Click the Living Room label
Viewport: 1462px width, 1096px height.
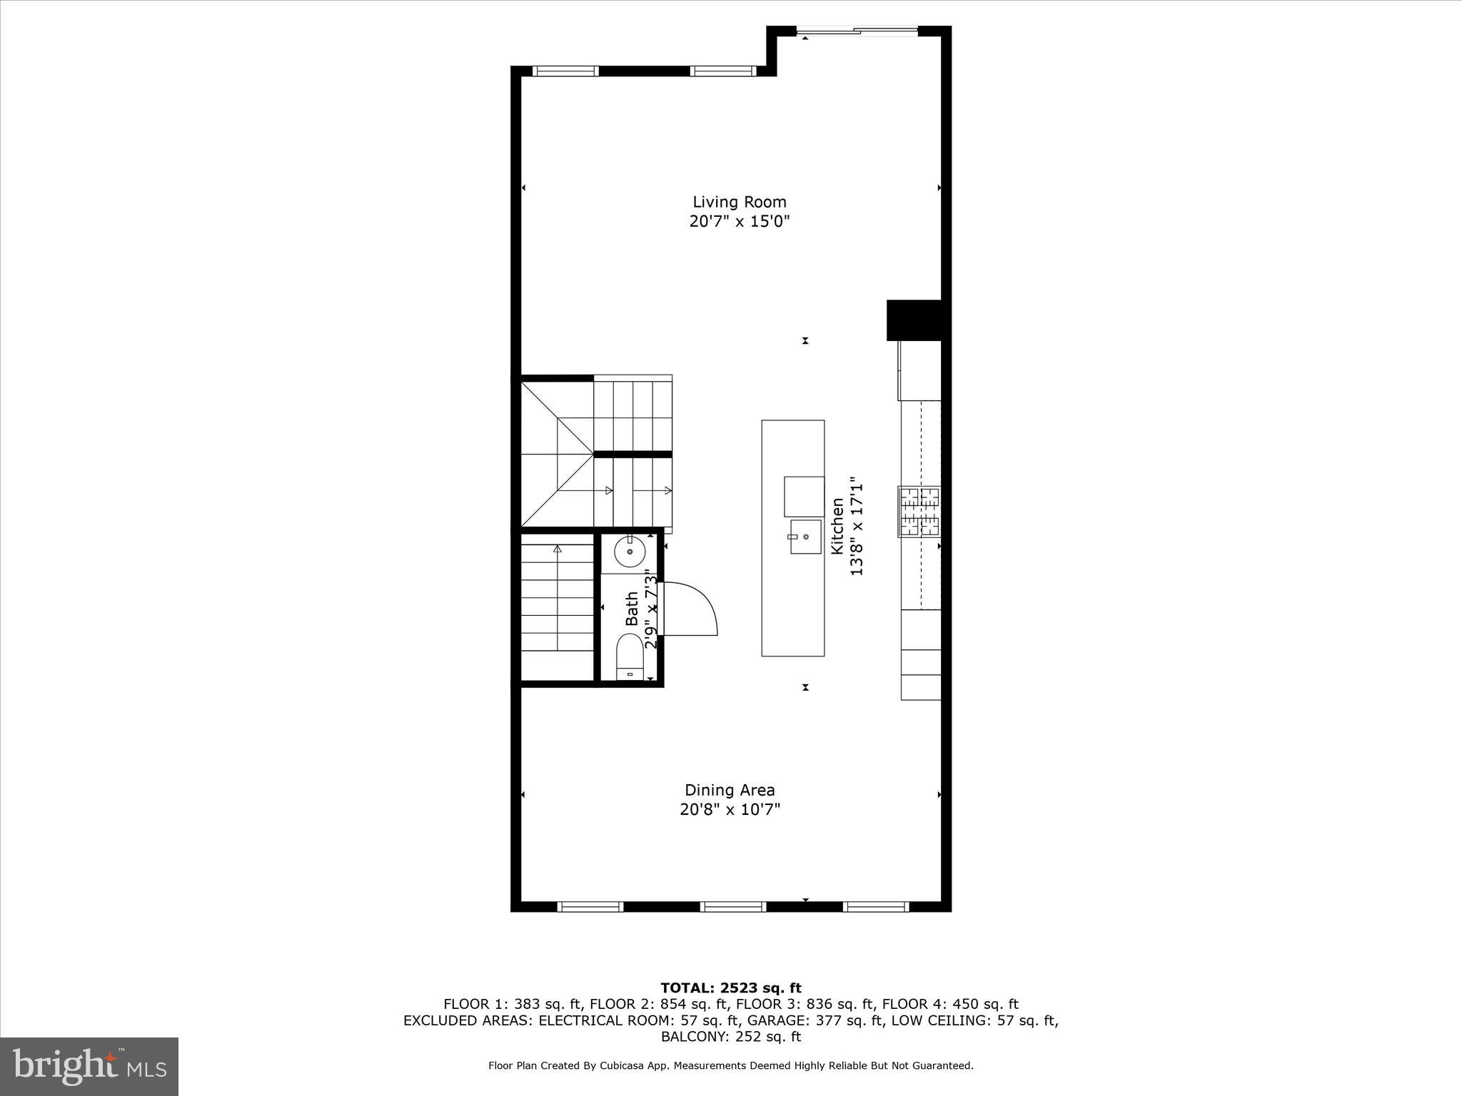pos(739,202)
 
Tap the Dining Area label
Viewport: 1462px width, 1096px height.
pos(730,790)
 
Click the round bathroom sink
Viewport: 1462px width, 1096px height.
pos(630,552)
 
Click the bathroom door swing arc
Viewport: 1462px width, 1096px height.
pos(696,607)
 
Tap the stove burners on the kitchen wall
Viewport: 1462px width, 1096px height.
pos(919,511)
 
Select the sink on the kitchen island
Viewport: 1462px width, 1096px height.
pos(805,537)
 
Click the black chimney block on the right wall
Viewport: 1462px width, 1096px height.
pos(914,320)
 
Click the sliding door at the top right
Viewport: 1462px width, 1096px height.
pos(857,31)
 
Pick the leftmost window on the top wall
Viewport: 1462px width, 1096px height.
pos(565,71)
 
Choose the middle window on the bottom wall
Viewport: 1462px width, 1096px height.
pos(733,907)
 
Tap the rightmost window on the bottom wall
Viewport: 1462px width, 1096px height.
pos(875,907)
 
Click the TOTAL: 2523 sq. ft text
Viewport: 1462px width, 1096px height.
pos(731,988)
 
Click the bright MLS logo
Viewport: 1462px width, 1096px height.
pos(89,1066)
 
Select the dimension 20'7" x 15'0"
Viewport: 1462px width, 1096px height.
pos(739,221)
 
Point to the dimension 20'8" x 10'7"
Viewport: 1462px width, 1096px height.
pos(730,809)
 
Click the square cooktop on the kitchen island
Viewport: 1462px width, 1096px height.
pos(804,497)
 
